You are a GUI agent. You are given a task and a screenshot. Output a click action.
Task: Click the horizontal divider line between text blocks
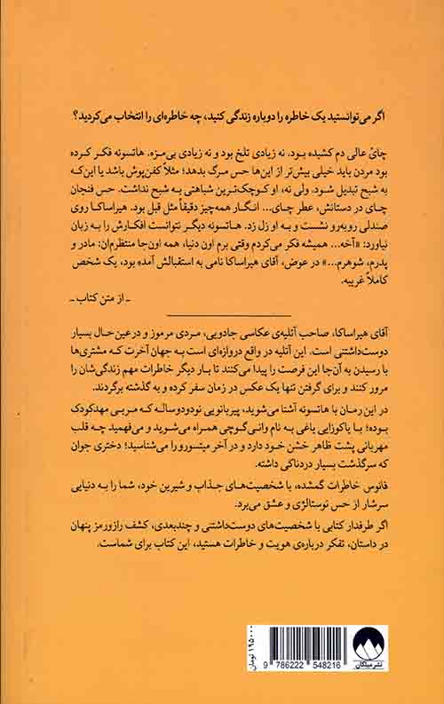(x=229, y=314)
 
